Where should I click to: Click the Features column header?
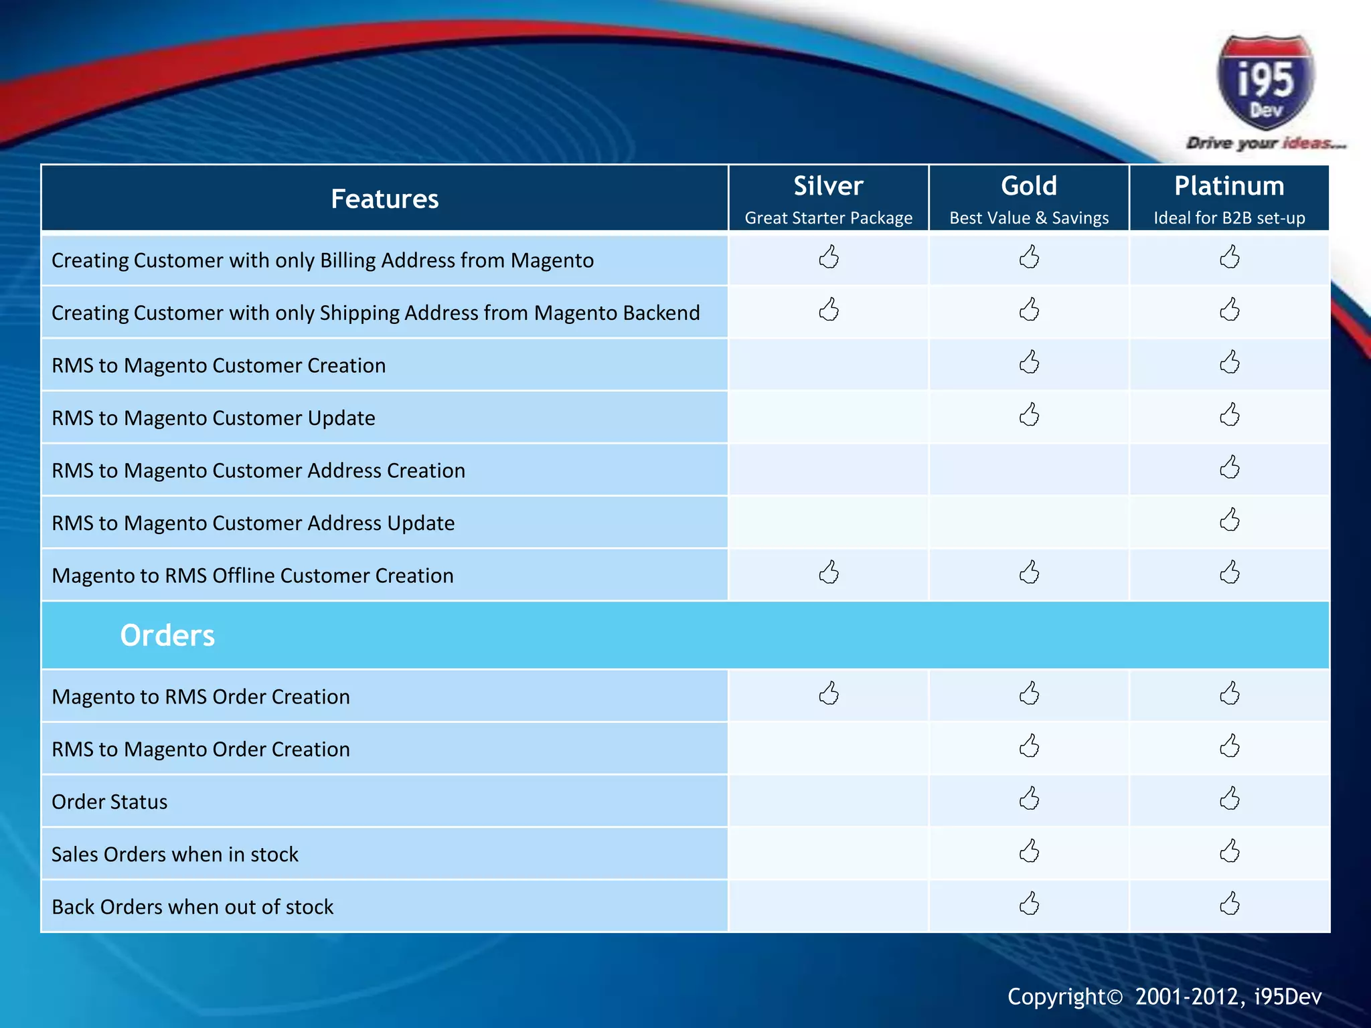tap(384, 199)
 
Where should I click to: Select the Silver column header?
tap(828, 186)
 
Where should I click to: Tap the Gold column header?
tap(1029, 186)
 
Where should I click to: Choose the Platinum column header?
tap(1229, 186)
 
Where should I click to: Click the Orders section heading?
tap(167, 635)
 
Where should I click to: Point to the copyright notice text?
tap(1164, 997)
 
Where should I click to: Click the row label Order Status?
tap(110, 802)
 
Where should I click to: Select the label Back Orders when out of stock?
tap(192, 907)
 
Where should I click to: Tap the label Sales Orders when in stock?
tap(175, 855)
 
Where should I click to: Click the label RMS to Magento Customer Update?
tap(213, 418)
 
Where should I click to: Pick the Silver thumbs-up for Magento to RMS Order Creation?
tap(829, 694)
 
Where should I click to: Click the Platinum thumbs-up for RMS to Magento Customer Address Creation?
tap(1229, 468)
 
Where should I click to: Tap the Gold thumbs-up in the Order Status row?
tap(1029, 799)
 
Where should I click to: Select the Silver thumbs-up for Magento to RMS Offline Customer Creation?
tap(829, 573)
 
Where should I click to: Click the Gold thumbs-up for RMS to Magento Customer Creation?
tap(1029, 363)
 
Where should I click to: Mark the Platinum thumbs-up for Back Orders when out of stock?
tap(1229, 904)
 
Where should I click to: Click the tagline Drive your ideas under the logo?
tap(1265, 143)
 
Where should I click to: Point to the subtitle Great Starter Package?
tap(828, 218)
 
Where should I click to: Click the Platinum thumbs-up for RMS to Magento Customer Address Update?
tap(1229, 520)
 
